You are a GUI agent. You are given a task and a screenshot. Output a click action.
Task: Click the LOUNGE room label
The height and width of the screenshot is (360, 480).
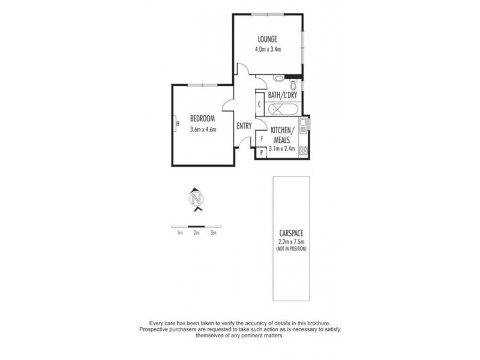coord(268,40)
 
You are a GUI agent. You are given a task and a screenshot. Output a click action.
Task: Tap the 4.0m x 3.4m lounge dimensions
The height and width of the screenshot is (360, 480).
coord(268,49)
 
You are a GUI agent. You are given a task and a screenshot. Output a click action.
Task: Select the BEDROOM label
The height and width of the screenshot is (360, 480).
coord(202,118)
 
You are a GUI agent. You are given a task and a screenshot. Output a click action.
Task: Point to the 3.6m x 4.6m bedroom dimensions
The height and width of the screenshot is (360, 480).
coord(202,128)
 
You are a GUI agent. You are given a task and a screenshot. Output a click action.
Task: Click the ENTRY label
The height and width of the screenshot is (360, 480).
coord(244,126)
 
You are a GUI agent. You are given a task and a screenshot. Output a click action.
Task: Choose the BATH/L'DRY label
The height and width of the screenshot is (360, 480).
coord(280,95)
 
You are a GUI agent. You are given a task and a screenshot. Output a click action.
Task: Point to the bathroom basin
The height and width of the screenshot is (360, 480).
coord(278,79)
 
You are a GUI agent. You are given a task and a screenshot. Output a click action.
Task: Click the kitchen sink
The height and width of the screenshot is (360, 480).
coord(304,126)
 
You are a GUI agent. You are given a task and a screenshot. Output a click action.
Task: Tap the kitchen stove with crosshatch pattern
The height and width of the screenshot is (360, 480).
coord(304,151)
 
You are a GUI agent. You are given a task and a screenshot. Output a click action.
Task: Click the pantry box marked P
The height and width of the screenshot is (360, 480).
coord(261,154)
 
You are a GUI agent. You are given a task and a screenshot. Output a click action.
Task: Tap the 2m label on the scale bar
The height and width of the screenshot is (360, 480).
coord(196,233)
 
